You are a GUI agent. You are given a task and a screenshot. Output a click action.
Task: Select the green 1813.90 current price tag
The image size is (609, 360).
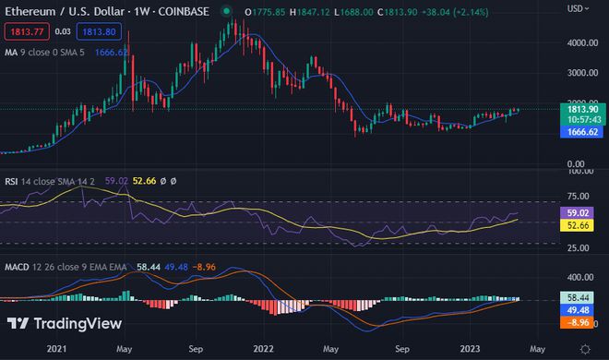coord(583,110)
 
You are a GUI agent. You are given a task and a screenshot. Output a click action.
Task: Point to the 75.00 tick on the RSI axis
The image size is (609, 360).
coord(579,196)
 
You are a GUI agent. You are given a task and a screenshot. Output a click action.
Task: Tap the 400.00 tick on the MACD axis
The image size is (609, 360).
coord(580,277)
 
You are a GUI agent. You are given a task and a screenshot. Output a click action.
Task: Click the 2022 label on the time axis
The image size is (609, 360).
coord(265,349)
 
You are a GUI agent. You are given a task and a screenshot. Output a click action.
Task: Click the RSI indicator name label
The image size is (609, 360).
coord(13,182)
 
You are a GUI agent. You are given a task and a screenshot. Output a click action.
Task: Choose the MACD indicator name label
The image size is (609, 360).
coord(19,266)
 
